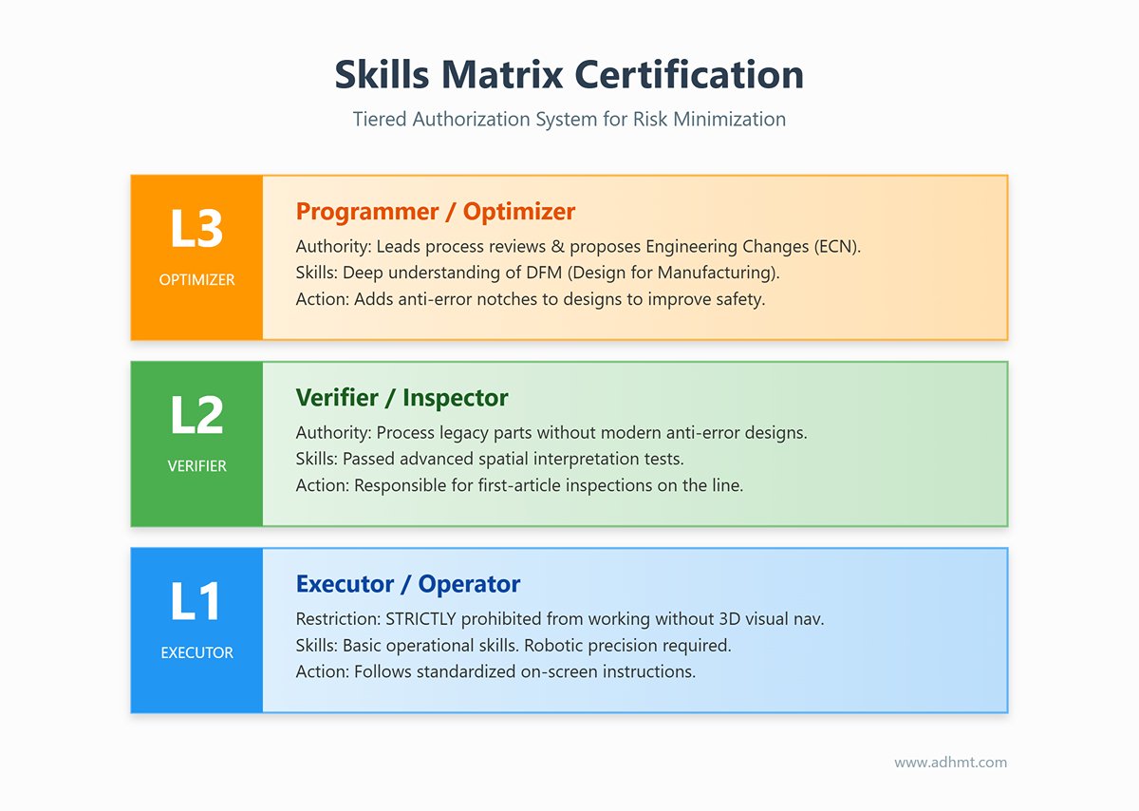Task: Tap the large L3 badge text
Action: (196, 230)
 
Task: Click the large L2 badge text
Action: (196, 416)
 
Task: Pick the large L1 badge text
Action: (196, 602)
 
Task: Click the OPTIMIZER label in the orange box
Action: (196, 280)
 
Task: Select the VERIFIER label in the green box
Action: (196, 466)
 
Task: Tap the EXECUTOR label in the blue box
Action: (196, 652)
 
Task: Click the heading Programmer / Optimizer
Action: (436, 211)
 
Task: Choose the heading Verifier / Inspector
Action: (401, 397)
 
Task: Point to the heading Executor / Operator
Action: (408, 583)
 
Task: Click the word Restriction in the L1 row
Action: (337, 619)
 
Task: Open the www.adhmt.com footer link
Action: (950, 763)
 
